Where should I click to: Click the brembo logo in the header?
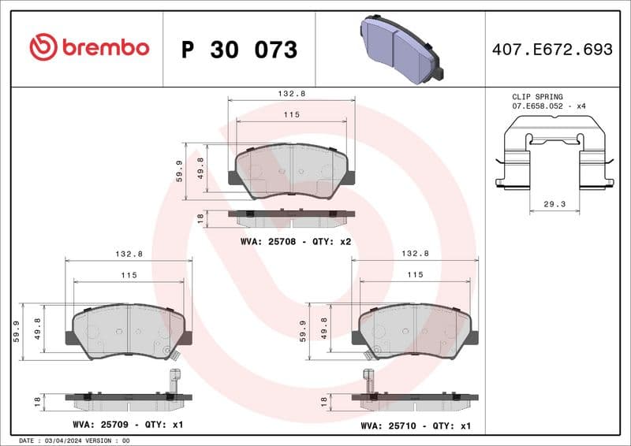pos(88,47)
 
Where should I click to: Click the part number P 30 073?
pos(239,50)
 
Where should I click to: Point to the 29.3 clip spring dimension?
pos(554,203)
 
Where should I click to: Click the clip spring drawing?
pos(554,154)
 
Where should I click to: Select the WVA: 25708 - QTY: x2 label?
pos(296,242)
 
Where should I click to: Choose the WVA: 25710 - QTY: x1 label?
pos(416,426)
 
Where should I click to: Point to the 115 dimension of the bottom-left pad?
pos(129,275)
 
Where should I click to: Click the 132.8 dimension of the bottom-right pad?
pos(415,254)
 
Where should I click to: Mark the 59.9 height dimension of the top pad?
pos(180,170)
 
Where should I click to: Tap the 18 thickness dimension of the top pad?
pos(200,217)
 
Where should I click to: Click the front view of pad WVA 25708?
pos(291,170)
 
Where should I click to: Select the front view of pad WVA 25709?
pos(128,331)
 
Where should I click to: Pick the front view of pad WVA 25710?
pos(415,331)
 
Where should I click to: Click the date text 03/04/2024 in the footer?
pos(61,440)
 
